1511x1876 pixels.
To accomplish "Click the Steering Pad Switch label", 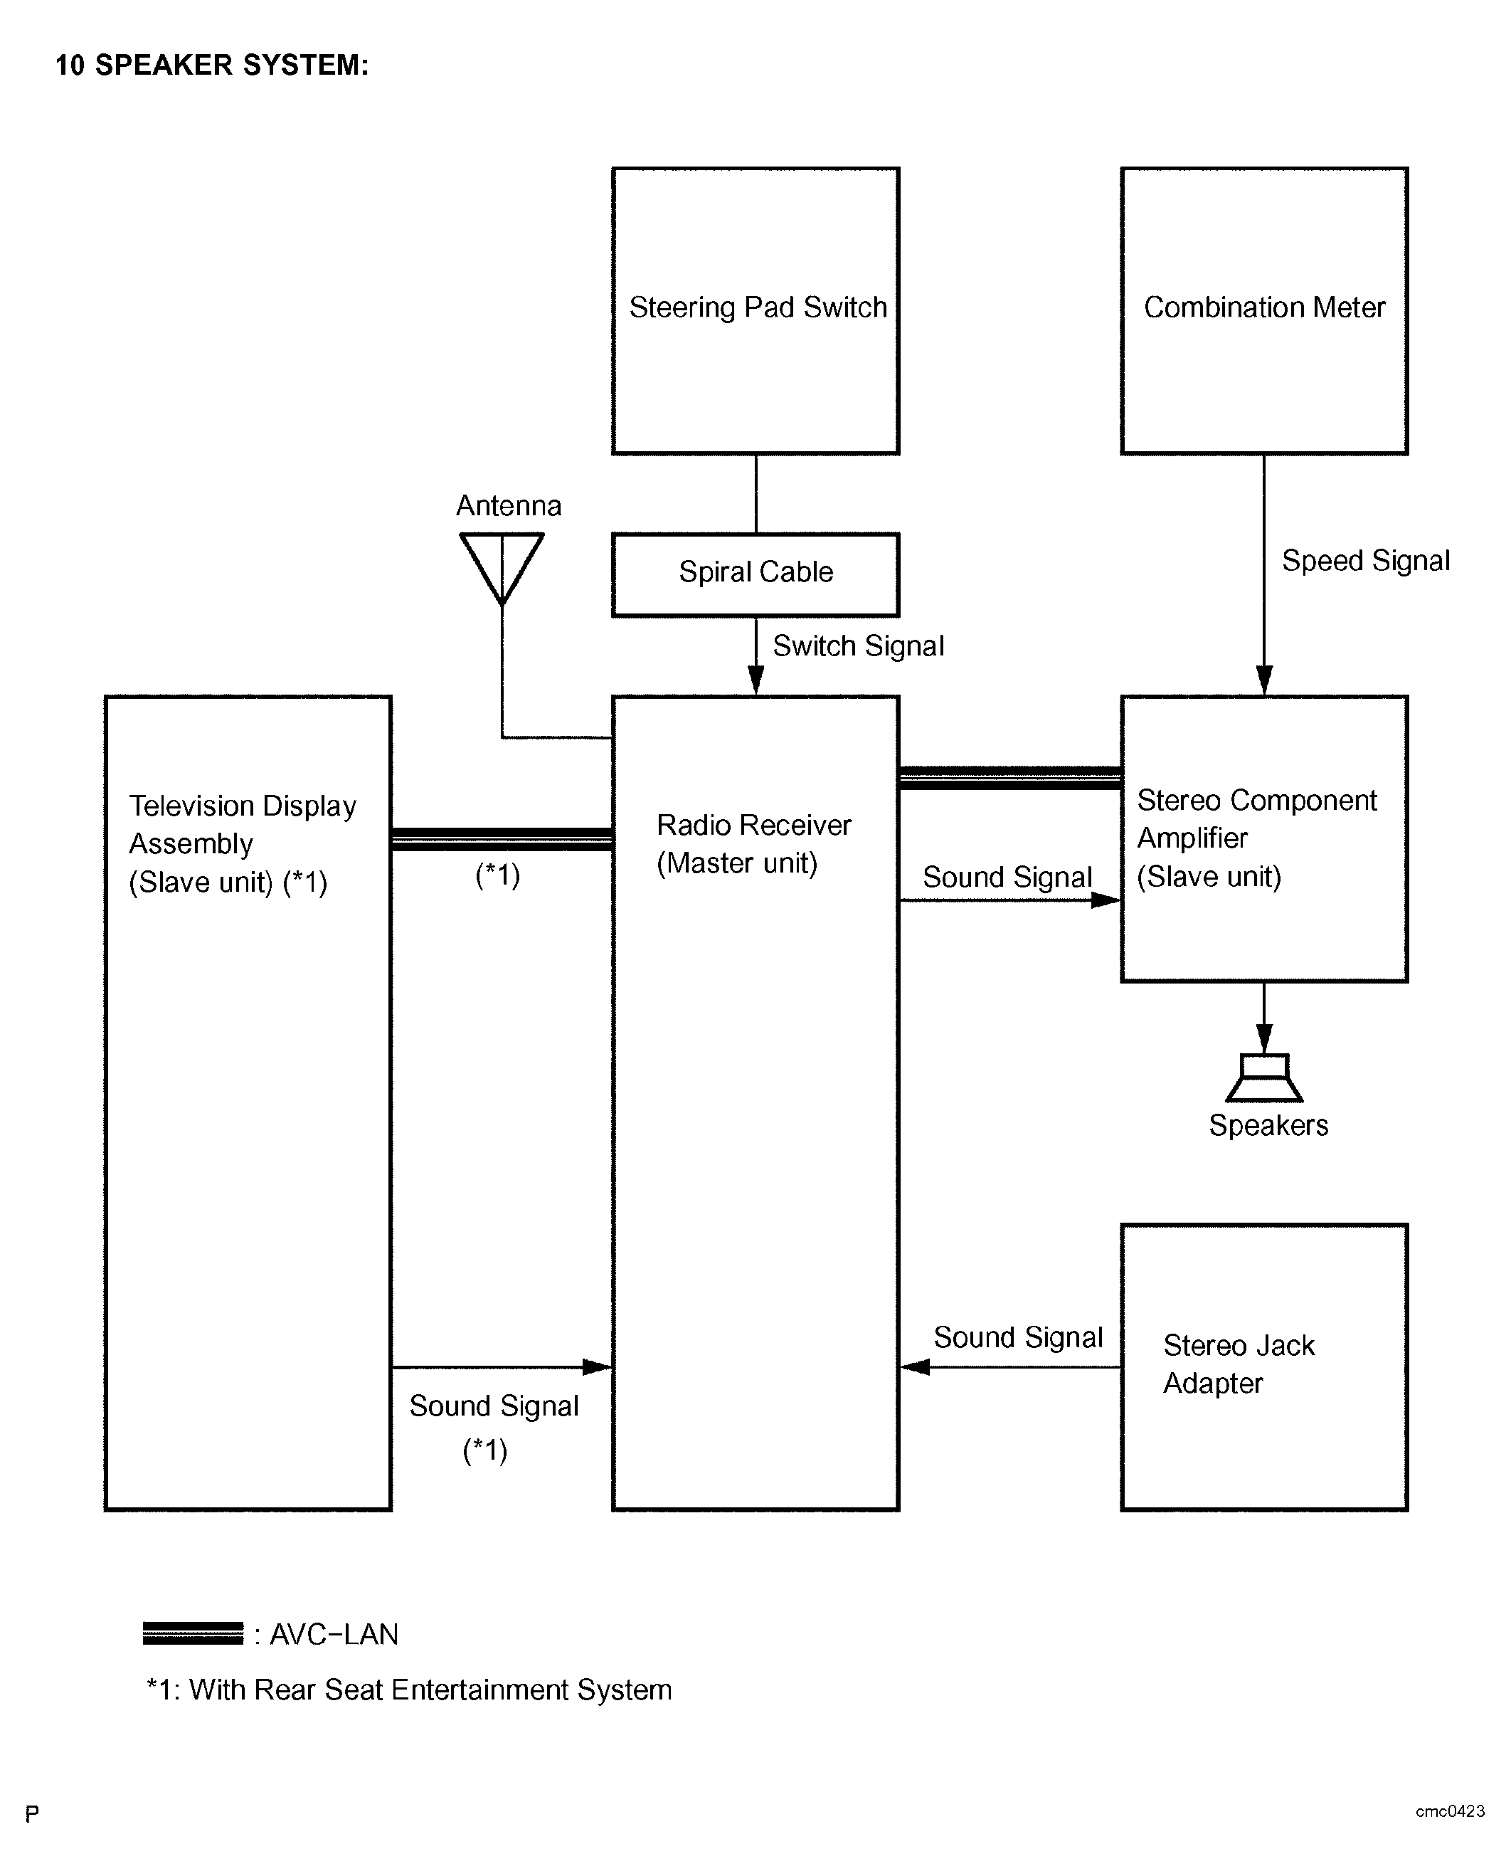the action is [x=757, y=307].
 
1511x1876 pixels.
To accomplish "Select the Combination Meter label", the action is [x=1264, y=307].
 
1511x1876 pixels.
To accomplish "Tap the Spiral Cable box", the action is [x=755, y=574].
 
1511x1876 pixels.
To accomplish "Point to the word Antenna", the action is [x=509, y=506].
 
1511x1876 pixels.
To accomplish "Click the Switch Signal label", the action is [x=858, y=646].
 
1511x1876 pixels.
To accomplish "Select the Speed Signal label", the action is [x=1366, y=561].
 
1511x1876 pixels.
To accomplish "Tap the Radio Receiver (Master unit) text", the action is [x=754, y=843].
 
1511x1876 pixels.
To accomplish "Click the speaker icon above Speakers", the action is [x=1264, y=1077].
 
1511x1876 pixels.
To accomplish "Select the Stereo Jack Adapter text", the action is [x=1239, y=1364].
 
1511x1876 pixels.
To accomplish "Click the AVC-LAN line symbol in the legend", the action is [x=193, y=1634].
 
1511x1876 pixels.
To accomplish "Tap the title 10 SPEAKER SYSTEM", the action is [x=213, y=65].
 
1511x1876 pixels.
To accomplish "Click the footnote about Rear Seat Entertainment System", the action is [x=409, y=1690].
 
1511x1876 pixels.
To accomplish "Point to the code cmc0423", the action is [x=1450, y=1811].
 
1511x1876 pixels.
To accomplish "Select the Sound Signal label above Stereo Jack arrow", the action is [x=1018, y=1337].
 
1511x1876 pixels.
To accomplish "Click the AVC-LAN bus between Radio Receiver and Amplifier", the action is [x=1009, y=779].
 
